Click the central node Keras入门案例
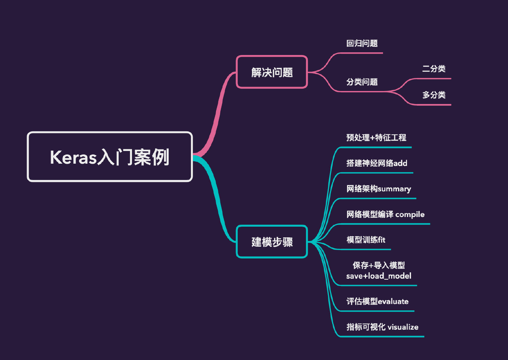(110, 157)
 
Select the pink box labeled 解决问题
(272, 72)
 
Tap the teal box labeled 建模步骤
(272, 242)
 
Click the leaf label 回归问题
(362, 43)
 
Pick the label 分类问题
(362, 82)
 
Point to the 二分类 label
(434, 69)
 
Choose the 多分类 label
(434, 95)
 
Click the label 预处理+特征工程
(376, 138)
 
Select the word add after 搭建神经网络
(400, 163)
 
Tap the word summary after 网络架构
(394, 189)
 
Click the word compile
(410, 215)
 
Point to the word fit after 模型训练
(381, 240)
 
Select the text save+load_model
(379, 276)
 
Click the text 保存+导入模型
(379, 265)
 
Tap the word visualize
(403, 327)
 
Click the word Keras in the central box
(73, 157)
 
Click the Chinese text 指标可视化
(366, 327)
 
